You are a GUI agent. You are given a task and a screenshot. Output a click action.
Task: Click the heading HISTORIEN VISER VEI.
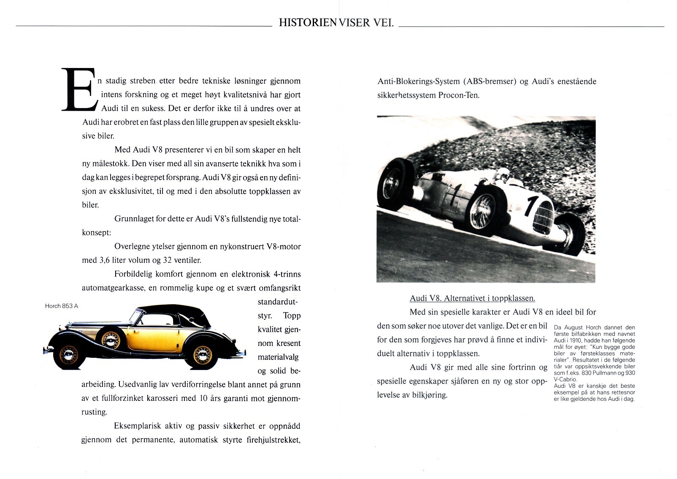(x=336, y=23)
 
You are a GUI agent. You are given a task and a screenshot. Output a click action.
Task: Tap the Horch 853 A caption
(x=62, y=306)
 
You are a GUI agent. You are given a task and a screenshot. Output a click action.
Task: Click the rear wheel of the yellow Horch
(x=203, y=355)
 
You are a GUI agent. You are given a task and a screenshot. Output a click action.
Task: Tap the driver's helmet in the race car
(x=503, y=173)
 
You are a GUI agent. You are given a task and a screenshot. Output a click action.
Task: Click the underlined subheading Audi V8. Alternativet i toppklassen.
(x=472, y=298)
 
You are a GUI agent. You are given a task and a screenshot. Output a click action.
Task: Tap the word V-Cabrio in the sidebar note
(x=565, y=379)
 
